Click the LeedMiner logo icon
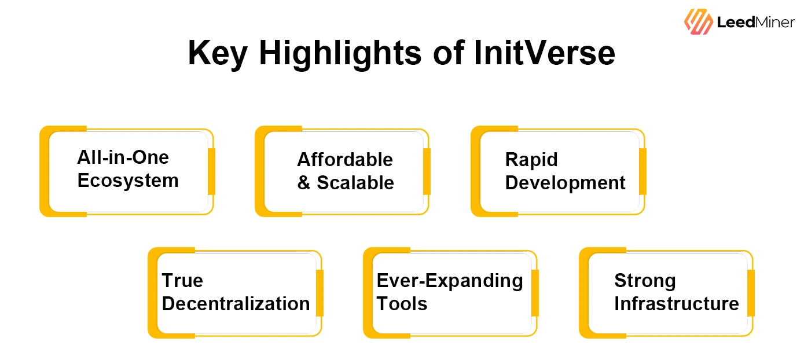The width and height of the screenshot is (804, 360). (698, 22)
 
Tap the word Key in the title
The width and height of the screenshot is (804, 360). (216, 54)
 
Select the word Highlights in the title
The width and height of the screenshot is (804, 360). (340, 54)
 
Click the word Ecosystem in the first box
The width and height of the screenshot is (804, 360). (128, 181)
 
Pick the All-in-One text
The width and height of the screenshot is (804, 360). (123, 157)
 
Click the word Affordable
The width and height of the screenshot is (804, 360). (345, 160)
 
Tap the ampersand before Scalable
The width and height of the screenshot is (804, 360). (304, 183)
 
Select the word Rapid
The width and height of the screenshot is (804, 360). (531, 160)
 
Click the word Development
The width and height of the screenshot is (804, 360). (565, 183)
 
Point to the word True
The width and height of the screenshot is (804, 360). (182, 281)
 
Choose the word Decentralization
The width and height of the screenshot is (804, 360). (236, 304)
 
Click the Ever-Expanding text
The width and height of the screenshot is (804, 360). (450, 281)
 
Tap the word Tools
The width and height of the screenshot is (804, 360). (402, 304)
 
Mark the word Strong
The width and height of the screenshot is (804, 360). (645, 281)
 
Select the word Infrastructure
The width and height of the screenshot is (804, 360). (677, 304)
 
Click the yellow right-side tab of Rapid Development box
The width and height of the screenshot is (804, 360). (643, 171)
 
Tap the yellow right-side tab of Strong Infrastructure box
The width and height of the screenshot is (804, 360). (751, 293)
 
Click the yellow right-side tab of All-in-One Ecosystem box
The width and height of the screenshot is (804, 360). (211, 171)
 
